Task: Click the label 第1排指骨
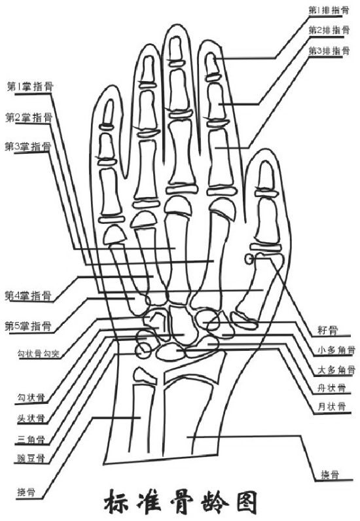coord(329,10)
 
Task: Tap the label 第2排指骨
coord(329,30)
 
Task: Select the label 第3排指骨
coord(329,51)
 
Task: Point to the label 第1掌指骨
coord(30,87)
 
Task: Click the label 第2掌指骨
coord(29,117)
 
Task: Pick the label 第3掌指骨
coord(28,147)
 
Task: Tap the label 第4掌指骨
coord(28,295)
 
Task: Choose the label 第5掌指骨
coord(28,326)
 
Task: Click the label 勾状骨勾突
coord(38,353)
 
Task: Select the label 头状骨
coord(31,418)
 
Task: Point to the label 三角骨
coord(31,440)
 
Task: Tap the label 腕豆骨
coord(31,459)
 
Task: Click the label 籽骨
coord(328,331)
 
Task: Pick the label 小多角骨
coord(336,350)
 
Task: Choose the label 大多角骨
coord(336,370)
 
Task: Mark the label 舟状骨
coord(332,387)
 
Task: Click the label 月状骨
coord(332,406)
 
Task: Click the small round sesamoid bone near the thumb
coord(249,259)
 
